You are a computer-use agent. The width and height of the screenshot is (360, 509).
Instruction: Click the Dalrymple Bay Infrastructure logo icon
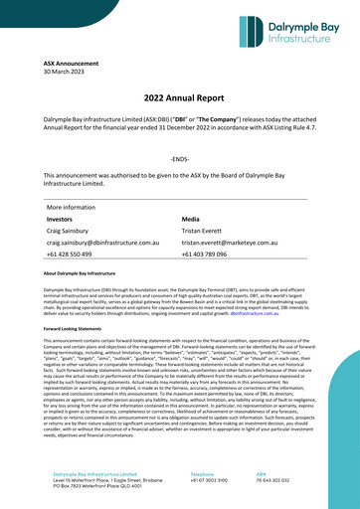(255, 32)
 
